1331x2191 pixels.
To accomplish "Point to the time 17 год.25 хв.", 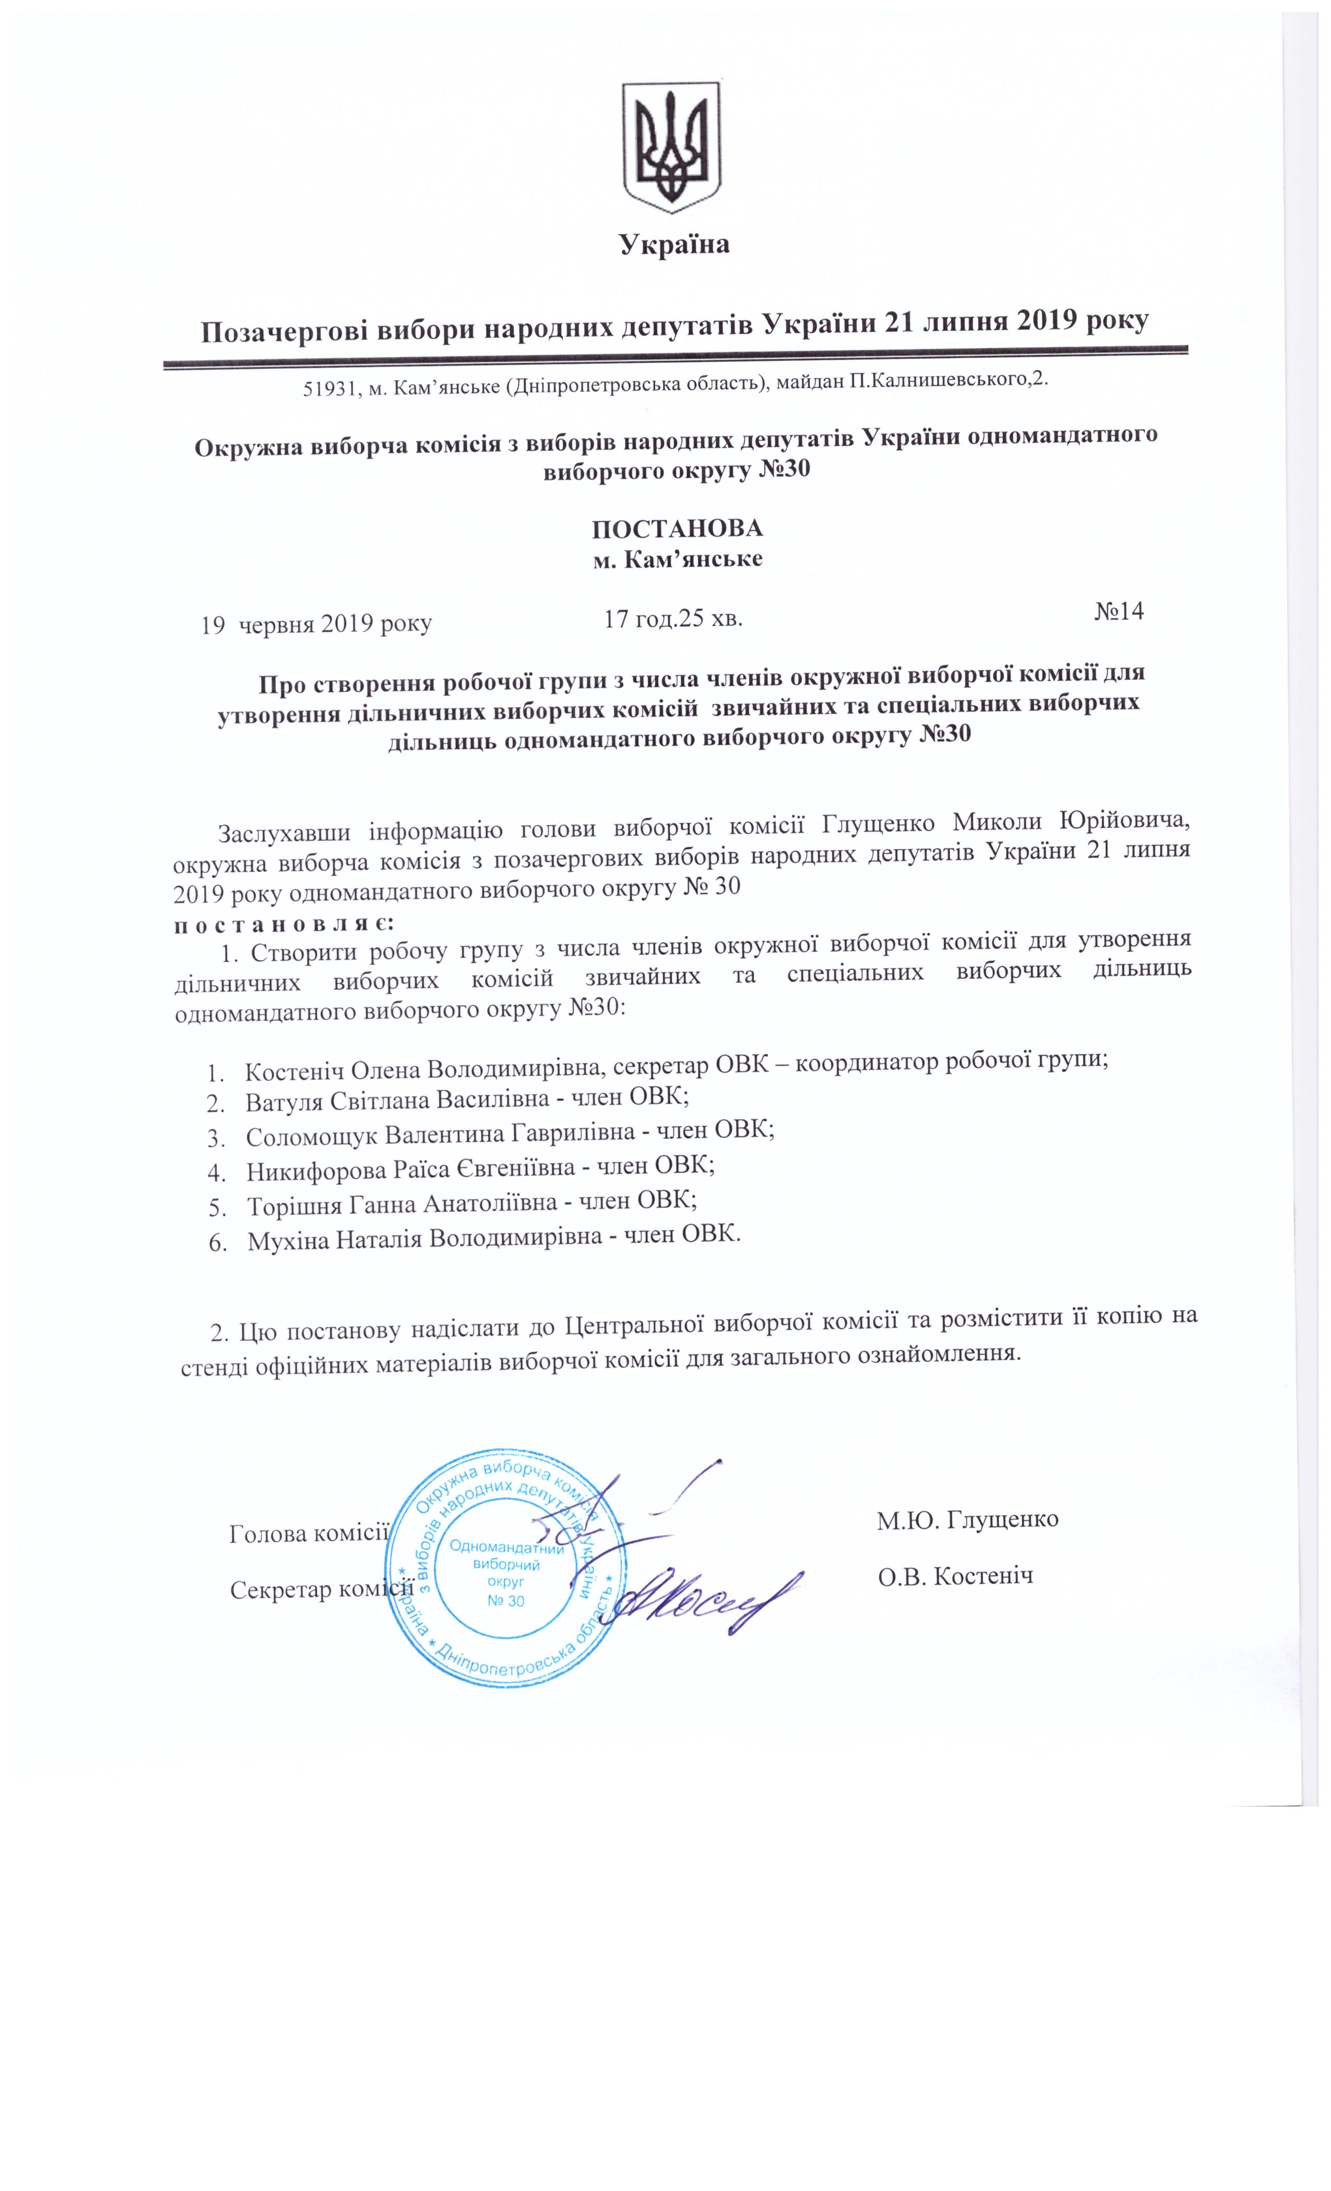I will point(673,618).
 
